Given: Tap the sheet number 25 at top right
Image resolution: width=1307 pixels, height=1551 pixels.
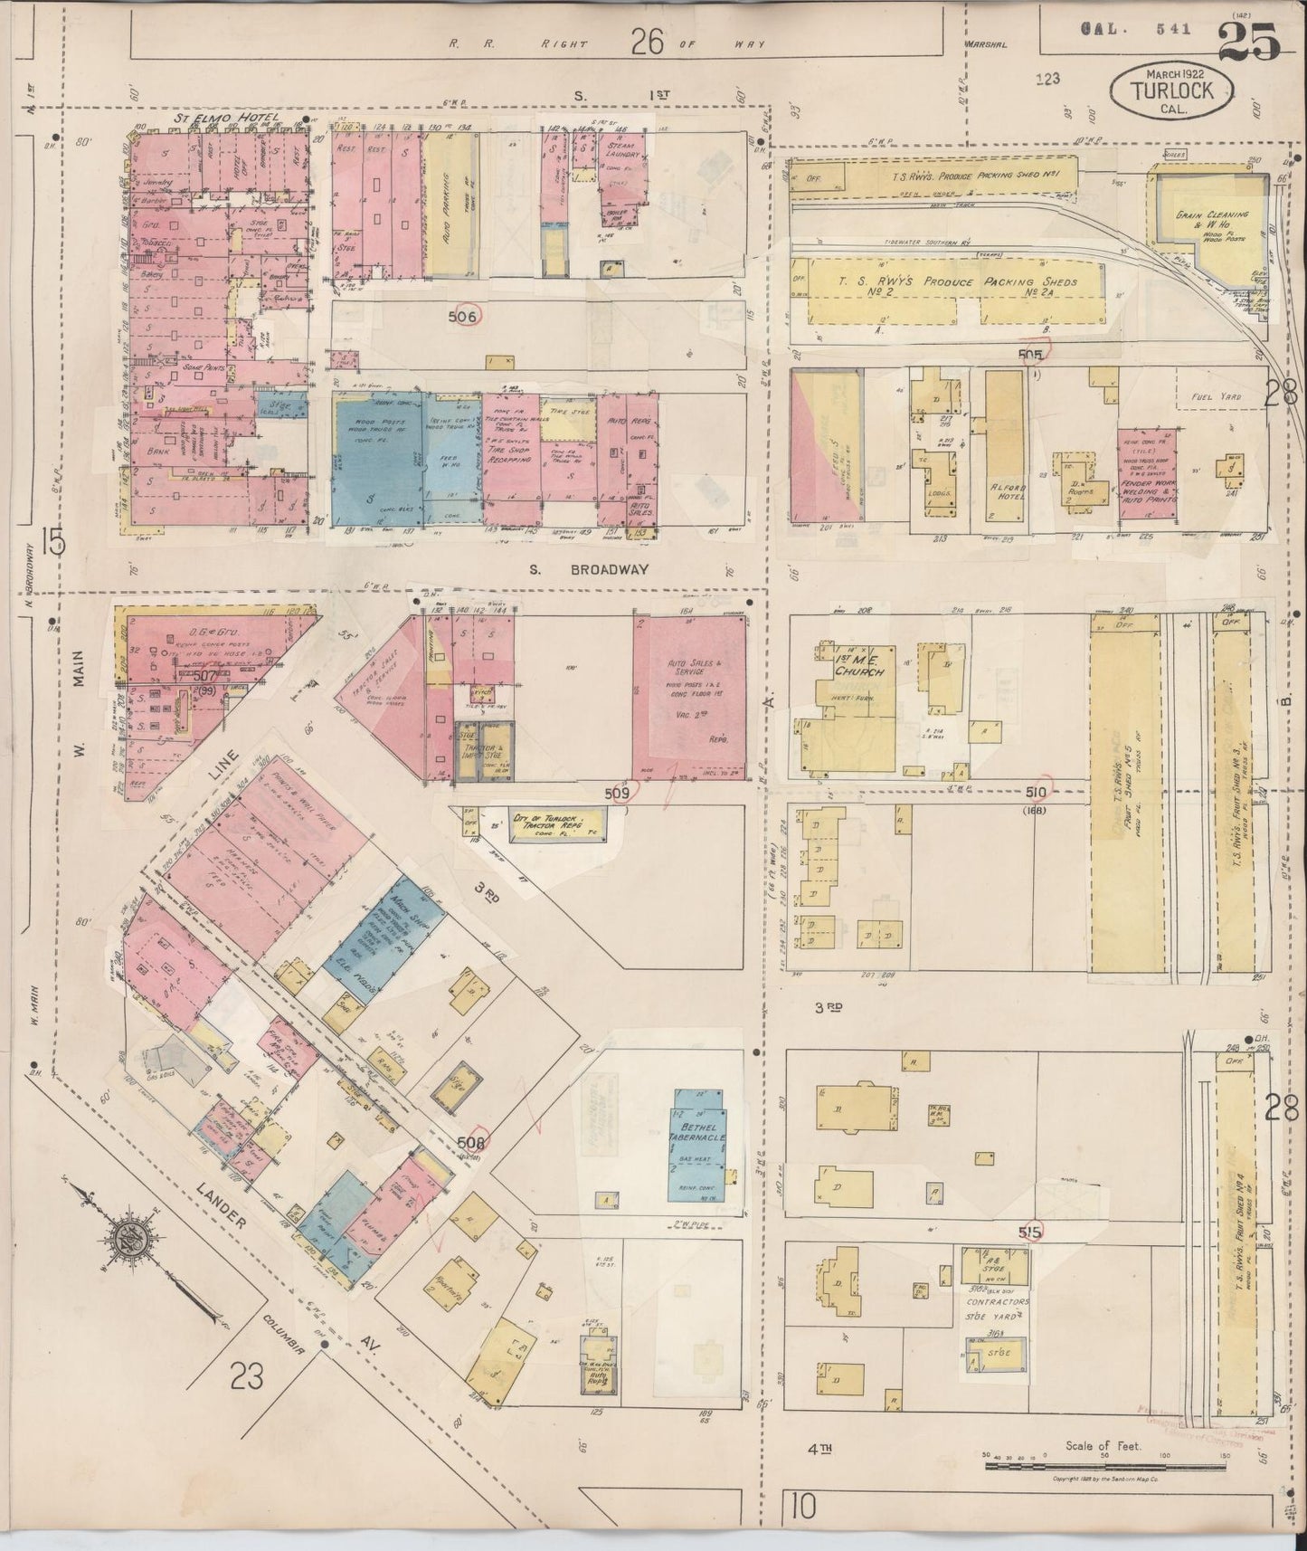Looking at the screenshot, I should click(x=1248, y=42).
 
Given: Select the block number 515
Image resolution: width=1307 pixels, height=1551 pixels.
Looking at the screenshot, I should click(x=1029, y=1230).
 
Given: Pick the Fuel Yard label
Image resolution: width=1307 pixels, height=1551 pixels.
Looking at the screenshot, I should click(x=1217, y=396).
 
